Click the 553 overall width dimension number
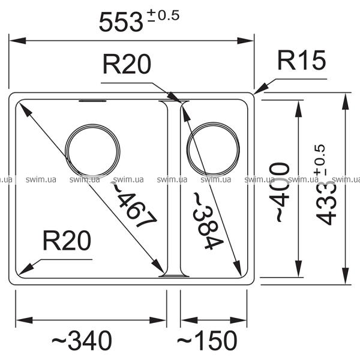[x=121, y=22]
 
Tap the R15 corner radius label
[x=301, y=60]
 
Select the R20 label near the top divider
[x=127, y=64]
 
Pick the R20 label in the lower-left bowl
[x=67, y=241]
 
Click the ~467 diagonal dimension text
[x=134, y=205]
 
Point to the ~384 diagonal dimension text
[x=208, y=221]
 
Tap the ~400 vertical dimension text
[x=280, y=192]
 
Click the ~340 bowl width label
[x=82, y=340]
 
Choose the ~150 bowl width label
[x=207, y=340]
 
